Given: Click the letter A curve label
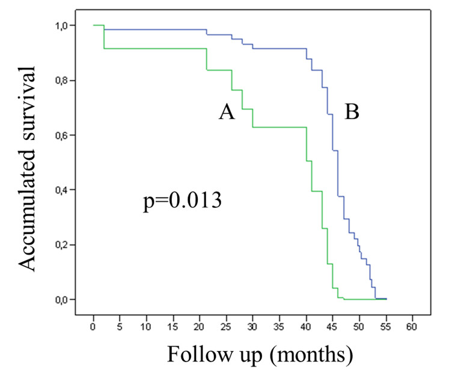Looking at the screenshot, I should click(x=226, y=112).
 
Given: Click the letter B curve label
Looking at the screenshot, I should click(x=352, y=112).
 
